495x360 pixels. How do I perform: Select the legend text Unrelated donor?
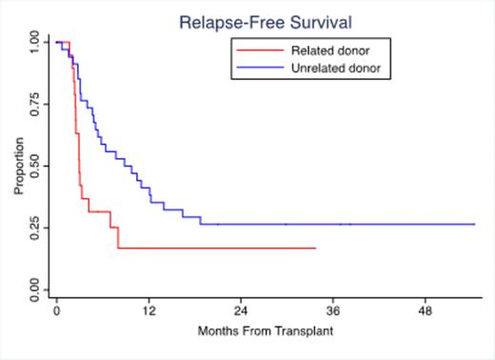336,68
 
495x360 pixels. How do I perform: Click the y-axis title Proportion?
17,169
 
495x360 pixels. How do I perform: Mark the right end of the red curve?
315,248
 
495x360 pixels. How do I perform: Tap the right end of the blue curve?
474,224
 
